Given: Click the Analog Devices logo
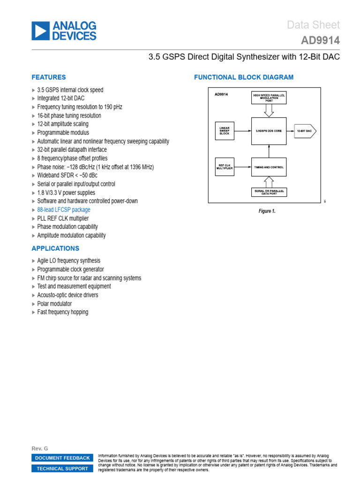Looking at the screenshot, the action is [x=64, y=30].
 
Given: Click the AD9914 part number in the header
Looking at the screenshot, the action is [x=320, y=41].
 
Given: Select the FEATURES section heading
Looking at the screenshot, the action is [x=49, y=77].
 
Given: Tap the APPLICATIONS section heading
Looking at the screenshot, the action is [x=55, y=248].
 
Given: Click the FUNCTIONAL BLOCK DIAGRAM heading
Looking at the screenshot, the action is [x=244, y=77].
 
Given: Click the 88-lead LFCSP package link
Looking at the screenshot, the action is [x=64, y=210].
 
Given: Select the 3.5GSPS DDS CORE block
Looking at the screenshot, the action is [x=269, y=131].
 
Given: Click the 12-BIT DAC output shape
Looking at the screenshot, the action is [x=305, y=131].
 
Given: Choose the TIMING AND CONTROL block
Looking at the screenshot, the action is [x=269, y=167].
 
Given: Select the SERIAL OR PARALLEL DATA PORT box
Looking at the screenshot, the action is [x=269, y=192].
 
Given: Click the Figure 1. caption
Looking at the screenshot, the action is [x=267, y=211].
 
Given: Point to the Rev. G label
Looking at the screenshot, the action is [x=40, y=449].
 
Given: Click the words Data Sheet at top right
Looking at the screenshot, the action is [x=313, y=25].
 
